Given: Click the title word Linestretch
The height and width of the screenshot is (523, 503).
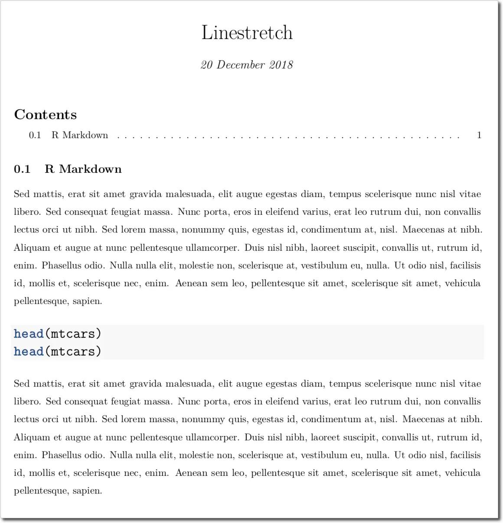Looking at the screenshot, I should pos(247,33).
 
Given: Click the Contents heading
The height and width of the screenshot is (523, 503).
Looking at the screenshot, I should pos(46,115).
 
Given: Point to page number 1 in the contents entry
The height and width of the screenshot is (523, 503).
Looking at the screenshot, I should pos(479,135).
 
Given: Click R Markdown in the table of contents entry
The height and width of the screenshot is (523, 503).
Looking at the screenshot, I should pos(80,135).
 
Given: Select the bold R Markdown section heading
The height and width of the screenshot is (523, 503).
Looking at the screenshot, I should pos(83,169).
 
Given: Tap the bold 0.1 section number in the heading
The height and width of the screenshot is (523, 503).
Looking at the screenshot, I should pos(22,169).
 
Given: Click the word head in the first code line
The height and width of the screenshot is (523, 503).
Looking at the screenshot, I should pos(29,333).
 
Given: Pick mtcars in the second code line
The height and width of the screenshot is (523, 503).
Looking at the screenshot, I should pos(72,351).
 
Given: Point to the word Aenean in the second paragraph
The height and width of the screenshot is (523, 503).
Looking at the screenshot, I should pos(192,473).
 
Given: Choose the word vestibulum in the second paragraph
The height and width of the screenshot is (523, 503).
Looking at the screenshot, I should pos(324,455).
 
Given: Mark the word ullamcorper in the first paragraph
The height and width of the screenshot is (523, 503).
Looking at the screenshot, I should pos(212,248).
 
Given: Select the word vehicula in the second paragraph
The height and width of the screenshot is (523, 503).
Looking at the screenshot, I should pos(463,473).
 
